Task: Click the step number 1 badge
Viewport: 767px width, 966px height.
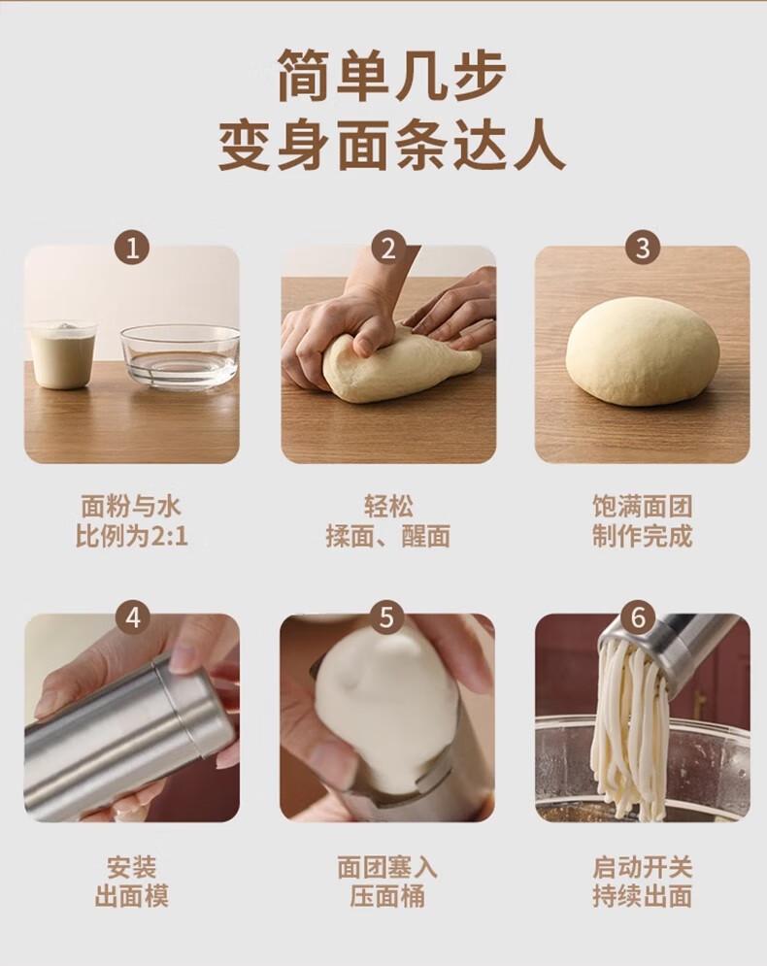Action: pyautogui.click(x=132, y=249)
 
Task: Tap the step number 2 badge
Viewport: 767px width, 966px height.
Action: pyautogui.click(x=388, y=249)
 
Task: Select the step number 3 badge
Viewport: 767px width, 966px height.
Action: pyautogui.click(x=643, y=248)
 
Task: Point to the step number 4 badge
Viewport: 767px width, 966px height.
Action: pyautogui.click(x=132, y=617)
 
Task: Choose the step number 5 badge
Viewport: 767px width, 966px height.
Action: pyautogui.click(x=386, y=616)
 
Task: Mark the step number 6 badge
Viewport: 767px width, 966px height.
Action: pyautogui.click(x=638, y=617)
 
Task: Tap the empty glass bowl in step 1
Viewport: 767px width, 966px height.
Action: pyautogui.click(x=180, y=357)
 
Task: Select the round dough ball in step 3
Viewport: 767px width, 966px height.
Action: pyautogui.click(x=643, y=351)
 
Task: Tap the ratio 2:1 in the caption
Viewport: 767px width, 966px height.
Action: pyautogui.click(x=169, y=536)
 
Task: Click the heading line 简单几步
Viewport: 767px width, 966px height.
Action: pyautogui.click(x=392, y=75)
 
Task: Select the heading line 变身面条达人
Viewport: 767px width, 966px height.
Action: pyautogui.click(x=392, y=146)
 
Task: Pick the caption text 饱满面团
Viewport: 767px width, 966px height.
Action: pyautogui.click(x=643, y=507)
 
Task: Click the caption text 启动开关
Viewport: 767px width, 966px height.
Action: pyautogui.click(x=643, y=867)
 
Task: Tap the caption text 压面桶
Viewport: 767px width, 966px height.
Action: pyautogui.click(x=387, y=896)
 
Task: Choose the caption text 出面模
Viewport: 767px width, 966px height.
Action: pyautogui.click(x=132, y=896)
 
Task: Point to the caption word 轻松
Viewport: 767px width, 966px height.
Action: pyautogui.click(x=388, y=507)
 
